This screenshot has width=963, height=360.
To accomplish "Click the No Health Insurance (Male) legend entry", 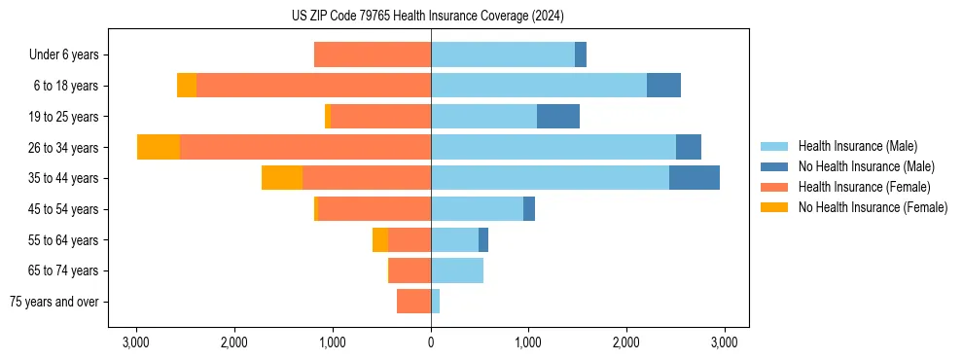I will (x=866, y=166).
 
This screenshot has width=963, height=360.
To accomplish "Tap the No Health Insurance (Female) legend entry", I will (x=873, y=207).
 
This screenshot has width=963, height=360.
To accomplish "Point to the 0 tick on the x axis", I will (x=431, y=342).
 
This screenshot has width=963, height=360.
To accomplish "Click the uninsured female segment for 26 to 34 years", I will (x=159, y=147).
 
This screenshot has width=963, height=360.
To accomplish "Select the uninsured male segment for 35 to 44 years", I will (x=695, y=178).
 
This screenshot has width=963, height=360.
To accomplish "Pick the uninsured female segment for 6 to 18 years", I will (x=187, y=86).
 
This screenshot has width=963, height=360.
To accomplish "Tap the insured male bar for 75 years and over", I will (x=436, y=302).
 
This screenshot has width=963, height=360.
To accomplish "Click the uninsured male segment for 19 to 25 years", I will (x=558, y=117).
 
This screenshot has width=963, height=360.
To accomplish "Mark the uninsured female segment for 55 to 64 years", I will (x=380, y=239).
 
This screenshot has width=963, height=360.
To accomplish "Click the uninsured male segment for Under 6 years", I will (x=581, y=54).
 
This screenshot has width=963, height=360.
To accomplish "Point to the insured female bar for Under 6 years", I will (x=373, y=54).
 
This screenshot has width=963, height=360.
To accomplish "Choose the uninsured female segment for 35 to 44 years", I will (x=282, y=178).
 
